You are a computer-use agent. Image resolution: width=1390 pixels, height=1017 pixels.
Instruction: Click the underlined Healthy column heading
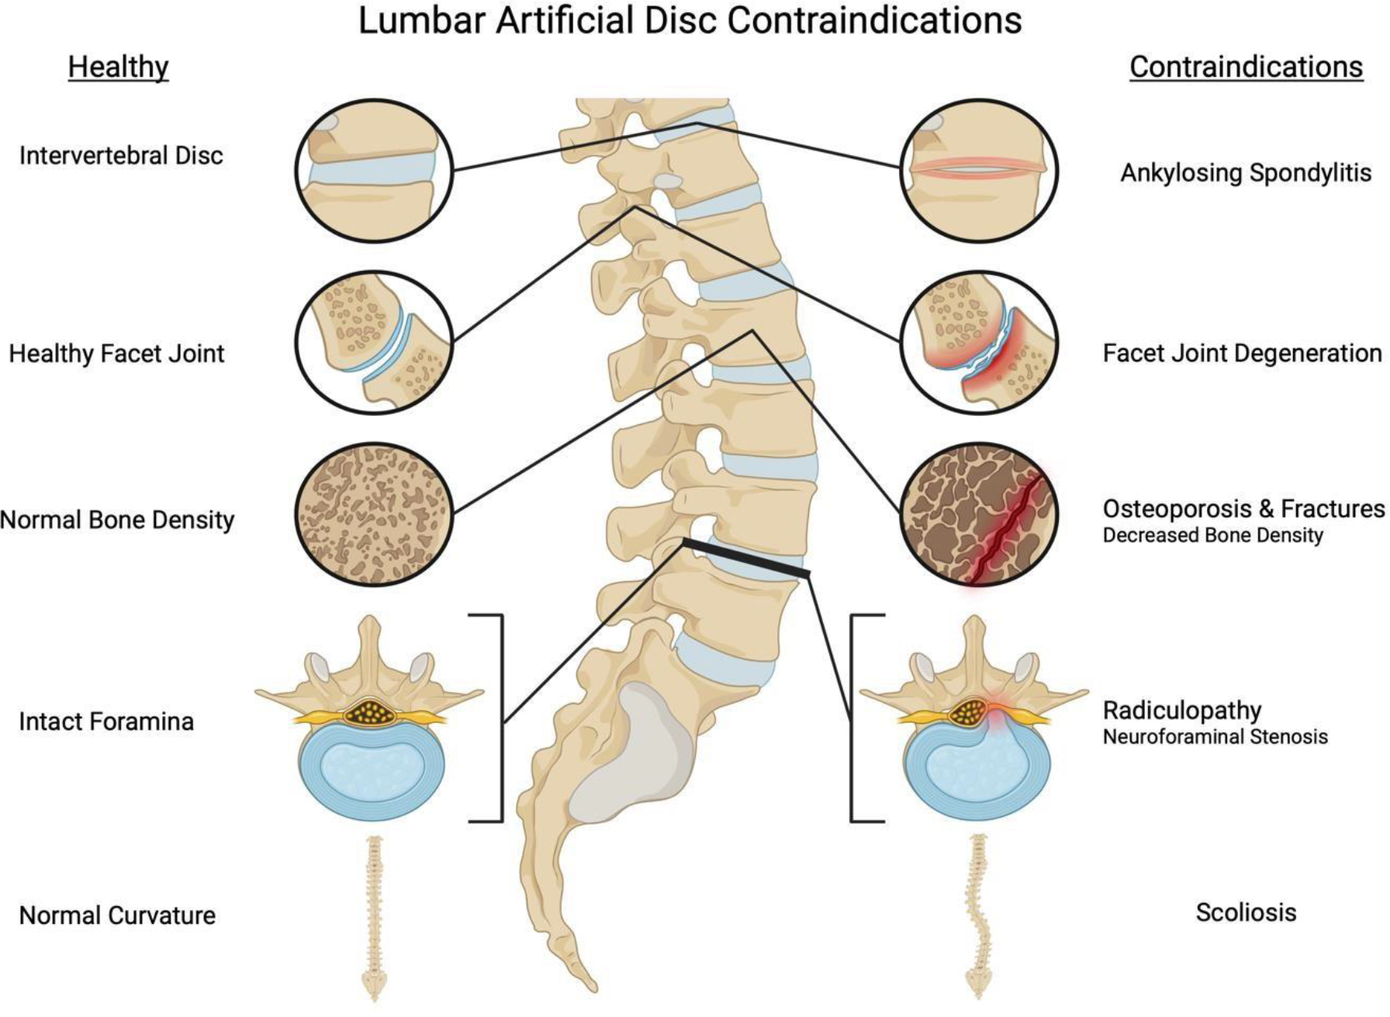click(118, 67)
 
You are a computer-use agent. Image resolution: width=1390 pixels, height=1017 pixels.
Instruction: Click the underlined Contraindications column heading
click(1246, 67)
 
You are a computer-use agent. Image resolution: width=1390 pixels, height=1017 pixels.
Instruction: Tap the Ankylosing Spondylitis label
click(1246, 172)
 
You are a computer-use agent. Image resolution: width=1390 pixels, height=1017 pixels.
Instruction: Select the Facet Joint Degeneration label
click(1242, 354)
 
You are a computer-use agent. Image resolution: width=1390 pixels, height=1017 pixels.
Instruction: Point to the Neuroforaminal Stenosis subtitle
click(1215, 736)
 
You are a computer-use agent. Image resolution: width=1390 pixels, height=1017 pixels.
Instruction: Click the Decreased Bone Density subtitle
click(1212, 535)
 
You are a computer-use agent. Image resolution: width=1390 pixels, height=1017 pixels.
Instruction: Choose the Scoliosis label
click(1246, 912)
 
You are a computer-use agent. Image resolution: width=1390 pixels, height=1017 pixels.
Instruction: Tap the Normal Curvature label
click(117, 915)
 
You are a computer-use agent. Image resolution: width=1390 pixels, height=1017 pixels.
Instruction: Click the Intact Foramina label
click(106, 721)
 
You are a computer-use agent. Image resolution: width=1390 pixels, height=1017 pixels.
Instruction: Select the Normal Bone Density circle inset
click(374, 514)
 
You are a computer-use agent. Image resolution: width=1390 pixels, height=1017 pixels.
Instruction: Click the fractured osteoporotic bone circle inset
click(979, 514)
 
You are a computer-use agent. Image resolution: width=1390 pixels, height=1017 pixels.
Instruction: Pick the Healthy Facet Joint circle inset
click(374, 342)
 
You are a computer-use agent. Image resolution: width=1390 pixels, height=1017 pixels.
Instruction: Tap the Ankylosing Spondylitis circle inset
click(979, 170)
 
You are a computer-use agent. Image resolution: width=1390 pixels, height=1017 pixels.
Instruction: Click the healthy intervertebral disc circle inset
click(374, 170)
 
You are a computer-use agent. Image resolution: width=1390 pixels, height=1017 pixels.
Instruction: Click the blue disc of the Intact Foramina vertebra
click(373, 772)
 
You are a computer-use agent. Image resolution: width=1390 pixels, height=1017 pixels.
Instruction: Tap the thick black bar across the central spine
click(746, 558)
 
